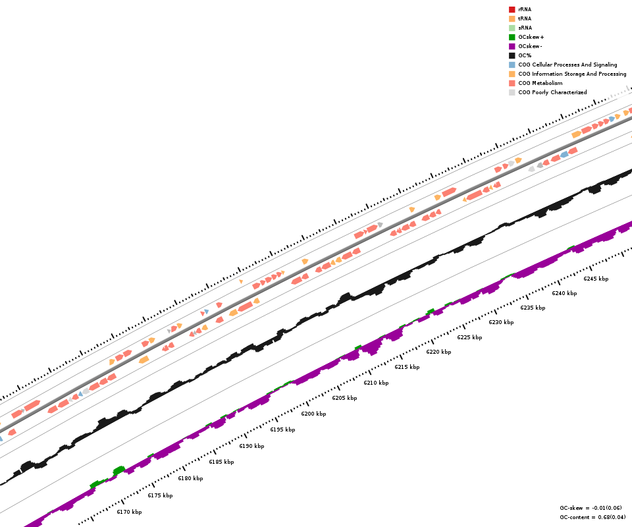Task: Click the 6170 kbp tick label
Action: (129, 512)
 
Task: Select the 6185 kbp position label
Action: (221, 462)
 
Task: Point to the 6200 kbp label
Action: (313, 414)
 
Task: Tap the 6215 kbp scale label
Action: (407, 367)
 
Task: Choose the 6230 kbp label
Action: (501, 322)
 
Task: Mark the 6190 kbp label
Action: (251, 446)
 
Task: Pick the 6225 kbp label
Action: (469, 337)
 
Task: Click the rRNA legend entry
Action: (525, 9)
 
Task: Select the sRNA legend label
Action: (525, 28)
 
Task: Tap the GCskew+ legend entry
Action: (531, 37)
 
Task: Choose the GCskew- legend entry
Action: (530, 46)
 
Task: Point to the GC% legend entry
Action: (525, 55)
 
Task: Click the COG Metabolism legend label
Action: (540, 83)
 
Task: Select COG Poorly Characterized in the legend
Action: (552, 92)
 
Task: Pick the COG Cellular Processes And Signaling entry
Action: (567, 65)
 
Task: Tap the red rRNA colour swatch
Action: (512, 9)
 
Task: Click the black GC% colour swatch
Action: (512, 55)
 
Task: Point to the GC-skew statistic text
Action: (591, 508)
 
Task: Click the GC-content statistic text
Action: (592, 517)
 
